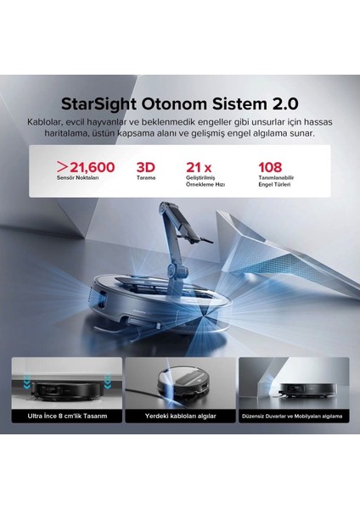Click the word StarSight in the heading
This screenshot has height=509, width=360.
98,104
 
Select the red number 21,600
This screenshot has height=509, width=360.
93,167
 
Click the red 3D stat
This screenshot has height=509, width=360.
145,167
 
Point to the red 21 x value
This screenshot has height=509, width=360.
199,167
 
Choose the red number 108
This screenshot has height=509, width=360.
270,167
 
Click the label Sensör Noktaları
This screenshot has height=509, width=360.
77,178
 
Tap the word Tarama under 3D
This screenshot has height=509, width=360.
146,178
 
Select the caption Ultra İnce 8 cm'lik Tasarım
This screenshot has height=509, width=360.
67,416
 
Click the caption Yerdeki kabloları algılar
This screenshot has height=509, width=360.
180,416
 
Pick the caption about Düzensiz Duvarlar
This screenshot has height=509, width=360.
292,417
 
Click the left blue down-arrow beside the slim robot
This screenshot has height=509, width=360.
26,382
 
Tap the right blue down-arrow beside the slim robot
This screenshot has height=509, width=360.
108,381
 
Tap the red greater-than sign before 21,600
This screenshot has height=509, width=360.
62,167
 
